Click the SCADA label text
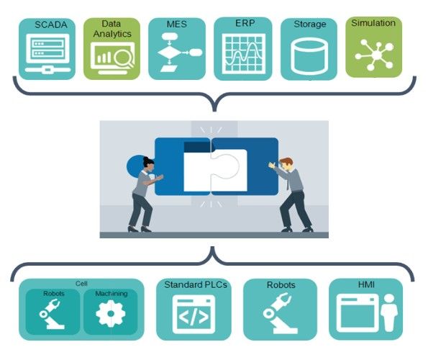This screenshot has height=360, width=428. coord(51,25)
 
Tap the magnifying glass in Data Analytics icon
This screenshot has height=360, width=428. coord(124,58)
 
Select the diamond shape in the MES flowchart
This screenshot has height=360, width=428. coord(169,53)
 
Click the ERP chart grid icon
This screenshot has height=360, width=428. coord(244,53)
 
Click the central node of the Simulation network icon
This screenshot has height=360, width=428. coord(377,55)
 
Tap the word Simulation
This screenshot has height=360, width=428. coord(373,23)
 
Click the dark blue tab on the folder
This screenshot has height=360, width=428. coord(197,147)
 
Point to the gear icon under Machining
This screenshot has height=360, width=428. coord(111,314)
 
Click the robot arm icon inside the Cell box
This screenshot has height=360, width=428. coord(51,314)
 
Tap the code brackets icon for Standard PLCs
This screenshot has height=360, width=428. coord(193,314)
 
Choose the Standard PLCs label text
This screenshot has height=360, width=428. coord(196,285)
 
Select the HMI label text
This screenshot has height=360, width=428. coord(366,284)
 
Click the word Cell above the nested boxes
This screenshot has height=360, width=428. coord(81,284)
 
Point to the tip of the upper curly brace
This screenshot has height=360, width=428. coord(214,111)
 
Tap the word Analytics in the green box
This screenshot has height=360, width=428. coord(112,34)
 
